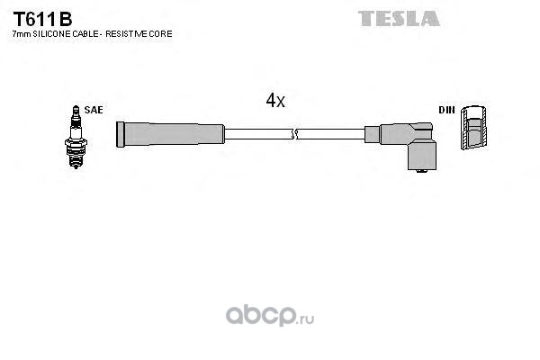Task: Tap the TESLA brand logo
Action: [399, 18]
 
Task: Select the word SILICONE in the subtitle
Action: [53, 33]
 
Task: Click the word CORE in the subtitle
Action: [162, 33]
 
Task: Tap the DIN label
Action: [446, 110]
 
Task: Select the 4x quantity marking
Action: [275, 102]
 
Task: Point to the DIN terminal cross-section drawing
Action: [473, 130]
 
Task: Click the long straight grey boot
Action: [171, 135]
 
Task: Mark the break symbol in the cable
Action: [293, 135]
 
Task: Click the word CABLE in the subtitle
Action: [86, 33]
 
